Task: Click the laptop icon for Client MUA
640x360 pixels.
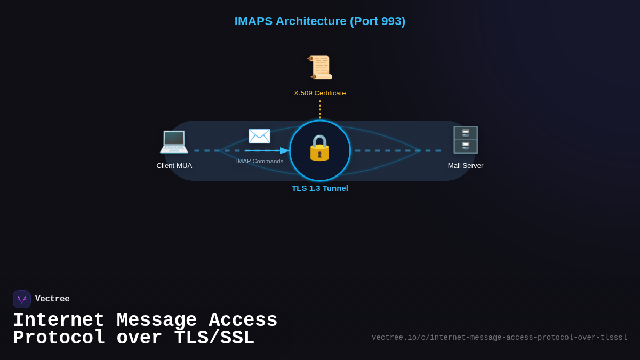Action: tap(174, 141)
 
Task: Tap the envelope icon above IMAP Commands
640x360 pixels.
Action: tap(259, 136)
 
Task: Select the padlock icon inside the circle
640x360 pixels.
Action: tap(320, 148)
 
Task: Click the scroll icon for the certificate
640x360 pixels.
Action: tap(320, 68)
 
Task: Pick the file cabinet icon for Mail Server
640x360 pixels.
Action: tap(466, 140)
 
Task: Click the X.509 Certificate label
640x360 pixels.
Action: tap(320, 93)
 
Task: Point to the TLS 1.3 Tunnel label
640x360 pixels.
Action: tap(320, 188)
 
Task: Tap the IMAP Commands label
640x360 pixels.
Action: tap(260, 161)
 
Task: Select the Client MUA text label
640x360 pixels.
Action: tap(174, 166)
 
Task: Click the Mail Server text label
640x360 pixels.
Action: tap(466, 166)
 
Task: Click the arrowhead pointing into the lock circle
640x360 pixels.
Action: tap(285, 150)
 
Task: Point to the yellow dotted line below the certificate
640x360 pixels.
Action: tap(320, 109)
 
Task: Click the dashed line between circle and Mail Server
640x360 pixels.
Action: tap(397, 150)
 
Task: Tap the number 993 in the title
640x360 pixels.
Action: tap(391, 21)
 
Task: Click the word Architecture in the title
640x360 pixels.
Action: tap(311, 21)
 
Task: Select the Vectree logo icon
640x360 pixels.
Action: tap(22, 299)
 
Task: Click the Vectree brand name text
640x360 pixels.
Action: tap(52, 299)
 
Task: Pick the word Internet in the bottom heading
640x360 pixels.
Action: tap(59, 321)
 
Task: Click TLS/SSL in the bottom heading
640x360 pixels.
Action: tap(214, 338)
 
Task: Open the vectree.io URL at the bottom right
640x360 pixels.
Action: tap(499, 338)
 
